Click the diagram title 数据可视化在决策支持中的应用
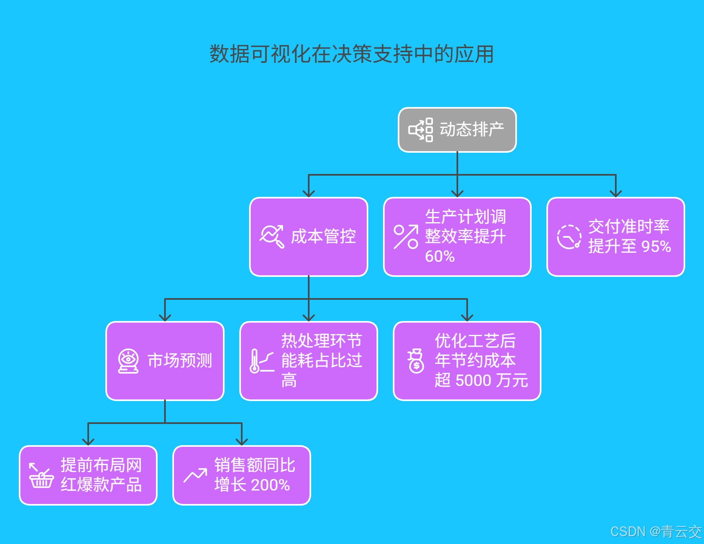[x=352, y=54]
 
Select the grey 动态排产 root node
[x=457, y=130]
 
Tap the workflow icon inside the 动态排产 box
[x=421, y=130]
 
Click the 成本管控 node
[x=309, y=237]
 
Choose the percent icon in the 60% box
[x=405, y=237]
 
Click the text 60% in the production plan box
[x=440, y=256]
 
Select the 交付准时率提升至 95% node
[x=615, y=237]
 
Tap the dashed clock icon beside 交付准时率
[x=569, y=237]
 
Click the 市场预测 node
[x=165, y=361]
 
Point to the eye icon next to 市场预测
[x=128, y=361]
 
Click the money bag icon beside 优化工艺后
[x=416, y=361]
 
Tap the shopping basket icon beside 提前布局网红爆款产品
[x=41, y=476]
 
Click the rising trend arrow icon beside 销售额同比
[x=195, y=475]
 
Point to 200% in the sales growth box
[x=270, y=485]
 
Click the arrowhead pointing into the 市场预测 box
[x=165, y=318]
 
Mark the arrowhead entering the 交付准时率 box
[x=615, y=194]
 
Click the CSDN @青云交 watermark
[x=656, y=531]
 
